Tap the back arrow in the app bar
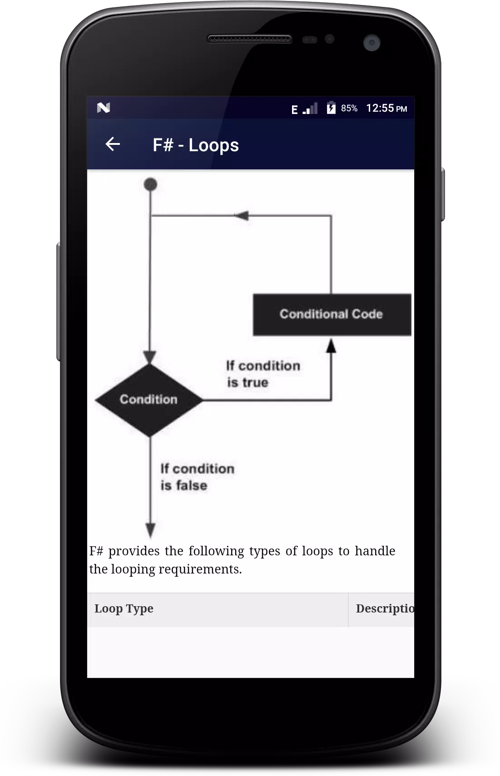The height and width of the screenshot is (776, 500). (113, 144)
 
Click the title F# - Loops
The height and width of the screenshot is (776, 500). (196, 145)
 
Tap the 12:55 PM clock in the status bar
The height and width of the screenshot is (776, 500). (386, 109)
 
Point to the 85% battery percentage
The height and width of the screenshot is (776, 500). (349, 109)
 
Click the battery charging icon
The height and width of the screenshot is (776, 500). (331, 108)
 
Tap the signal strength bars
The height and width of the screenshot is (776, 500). (310, 109)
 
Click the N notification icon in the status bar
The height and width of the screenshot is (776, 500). (103, 108)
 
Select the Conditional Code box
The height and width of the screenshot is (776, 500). (332, 315)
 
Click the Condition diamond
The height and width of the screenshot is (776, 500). (149, 400)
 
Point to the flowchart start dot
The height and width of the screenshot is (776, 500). (150, 184)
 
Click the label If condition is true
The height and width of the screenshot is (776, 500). (263, 374)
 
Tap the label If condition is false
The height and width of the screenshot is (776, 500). (198, 477)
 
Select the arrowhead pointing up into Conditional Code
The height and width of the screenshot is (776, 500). (331, 346)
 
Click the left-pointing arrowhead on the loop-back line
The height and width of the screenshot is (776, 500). (242, 216)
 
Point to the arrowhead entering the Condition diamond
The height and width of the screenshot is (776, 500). (150, 357)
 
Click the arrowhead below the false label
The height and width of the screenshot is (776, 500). (150, 530)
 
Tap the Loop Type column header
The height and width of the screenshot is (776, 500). (124, 609)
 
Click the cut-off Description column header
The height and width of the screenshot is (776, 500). (385, 608)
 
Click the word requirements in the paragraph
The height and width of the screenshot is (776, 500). (200, 569)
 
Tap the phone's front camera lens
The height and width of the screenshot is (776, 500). (372, 43)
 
